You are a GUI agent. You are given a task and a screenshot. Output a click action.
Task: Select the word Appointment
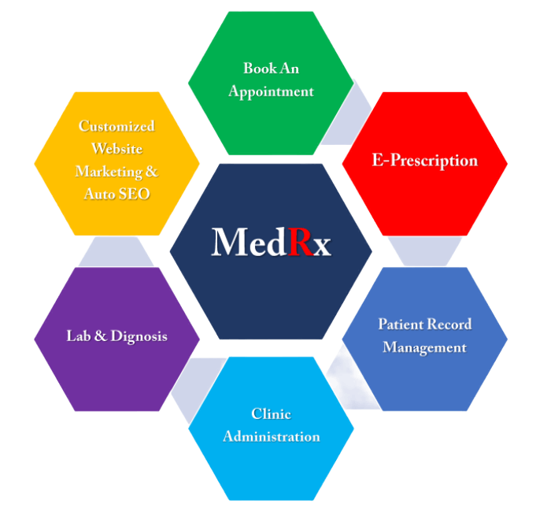(x=271, y=91)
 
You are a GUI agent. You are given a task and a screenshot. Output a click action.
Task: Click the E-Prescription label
(x=424, y=161)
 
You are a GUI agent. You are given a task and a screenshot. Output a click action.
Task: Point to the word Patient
(x=401, y=324)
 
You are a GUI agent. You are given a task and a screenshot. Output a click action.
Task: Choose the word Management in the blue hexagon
(x=424, y=347)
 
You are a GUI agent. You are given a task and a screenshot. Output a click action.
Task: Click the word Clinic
(x=271, y=414)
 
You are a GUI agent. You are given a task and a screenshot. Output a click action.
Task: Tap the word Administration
(x=271, y=436)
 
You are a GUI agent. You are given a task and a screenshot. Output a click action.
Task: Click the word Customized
(x=116, y=126)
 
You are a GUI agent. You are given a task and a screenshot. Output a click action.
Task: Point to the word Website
(x=116, y=149)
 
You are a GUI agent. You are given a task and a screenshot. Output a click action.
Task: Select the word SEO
(x=133, y=194)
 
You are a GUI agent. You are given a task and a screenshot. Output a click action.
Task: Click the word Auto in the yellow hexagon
(x=99, y=194)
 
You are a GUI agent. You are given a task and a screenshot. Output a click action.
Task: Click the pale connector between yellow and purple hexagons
(x=116, y=251)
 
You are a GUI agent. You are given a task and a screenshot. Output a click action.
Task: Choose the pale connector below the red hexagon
(x=424, y=251)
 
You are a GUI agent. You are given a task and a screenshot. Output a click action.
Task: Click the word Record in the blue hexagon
(x=450, y=324)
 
